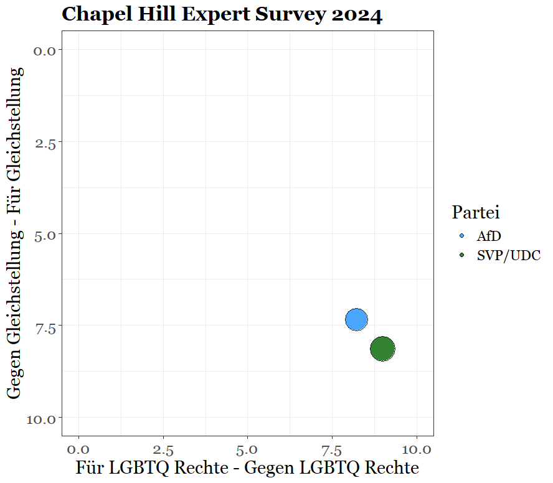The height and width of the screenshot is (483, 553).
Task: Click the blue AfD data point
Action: (x=356, y=319)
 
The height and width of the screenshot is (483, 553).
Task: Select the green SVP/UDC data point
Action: (x=382, y=349)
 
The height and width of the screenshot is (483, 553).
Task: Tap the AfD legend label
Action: (x=489, y=237)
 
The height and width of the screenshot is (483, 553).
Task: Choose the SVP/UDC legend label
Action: (x=508, y=255)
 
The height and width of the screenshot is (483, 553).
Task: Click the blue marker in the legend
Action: (x=461, y=237)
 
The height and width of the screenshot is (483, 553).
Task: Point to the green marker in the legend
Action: (x=461, y=255)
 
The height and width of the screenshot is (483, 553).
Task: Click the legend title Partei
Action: (x=476, y=212)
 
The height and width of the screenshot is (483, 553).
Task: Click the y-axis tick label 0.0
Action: (x=45, y=50)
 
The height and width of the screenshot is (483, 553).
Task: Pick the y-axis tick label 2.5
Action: (x=45, y=143)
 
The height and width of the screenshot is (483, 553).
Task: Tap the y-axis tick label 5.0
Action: (x=45, y=234)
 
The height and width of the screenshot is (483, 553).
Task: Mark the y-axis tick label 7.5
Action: (x=45, y=326)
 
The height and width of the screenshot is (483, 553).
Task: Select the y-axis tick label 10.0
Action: (x=41, y=418)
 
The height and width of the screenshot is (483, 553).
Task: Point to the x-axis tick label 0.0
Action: (x=78, y=449)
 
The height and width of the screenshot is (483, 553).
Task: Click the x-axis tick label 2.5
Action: (x=163, y=449)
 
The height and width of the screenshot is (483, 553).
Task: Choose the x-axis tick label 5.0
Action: (x=248, y=449)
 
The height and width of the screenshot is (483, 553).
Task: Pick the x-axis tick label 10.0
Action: (x=415, y=449)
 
